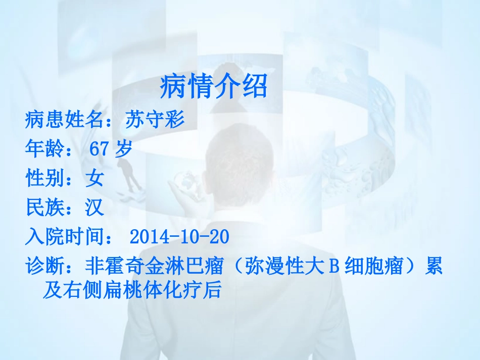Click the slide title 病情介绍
tap(214, 87)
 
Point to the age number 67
tap(100, 149)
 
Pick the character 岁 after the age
tap(123, 149)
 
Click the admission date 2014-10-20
tap(179, 236)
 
